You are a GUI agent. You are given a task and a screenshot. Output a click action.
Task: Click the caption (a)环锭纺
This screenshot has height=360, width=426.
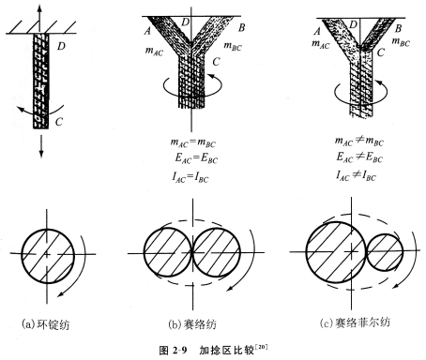click(46, 324)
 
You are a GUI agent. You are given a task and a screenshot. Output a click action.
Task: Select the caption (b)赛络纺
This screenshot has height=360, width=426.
click(192, 324)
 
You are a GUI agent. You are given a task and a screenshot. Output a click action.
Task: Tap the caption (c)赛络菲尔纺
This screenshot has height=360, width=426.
click(355, 322)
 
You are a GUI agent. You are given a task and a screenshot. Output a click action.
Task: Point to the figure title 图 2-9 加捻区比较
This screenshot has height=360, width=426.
click(214, 350)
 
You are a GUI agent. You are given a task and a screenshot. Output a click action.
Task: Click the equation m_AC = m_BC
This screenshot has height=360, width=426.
click(193, 142)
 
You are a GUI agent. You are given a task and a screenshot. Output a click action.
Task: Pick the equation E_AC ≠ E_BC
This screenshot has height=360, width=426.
click(359, 157)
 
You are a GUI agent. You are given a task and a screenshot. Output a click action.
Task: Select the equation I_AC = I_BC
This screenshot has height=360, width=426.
click(190, 177)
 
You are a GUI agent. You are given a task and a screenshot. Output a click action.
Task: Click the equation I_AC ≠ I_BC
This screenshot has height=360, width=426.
click(357, 175)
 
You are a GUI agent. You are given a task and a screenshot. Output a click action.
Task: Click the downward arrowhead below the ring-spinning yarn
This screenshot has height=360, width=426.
click(41, 154)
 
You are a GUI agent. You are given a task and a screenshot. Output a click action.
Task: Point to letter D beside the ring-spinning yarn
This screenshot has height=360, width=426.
click(61, 46)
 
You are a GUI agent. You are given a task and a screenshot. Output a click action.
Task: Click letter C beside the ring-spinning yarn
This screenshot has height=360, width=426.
click(59, 121)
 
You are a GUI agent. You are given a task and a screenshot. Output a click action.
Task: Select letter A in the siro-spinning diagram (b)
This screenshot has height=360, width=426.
click(147, 31)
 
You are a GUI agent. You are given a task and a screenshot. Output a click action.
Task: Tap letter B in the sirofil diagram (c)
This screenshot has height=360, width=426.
click(398, 29)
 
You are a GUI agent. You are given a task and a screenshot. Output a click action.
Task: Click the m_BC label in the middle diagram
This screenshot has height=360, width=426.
click(233, 46)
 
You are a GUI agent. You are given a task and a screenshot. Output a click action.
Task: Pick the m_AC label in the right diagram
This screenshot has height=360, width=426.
click(321, 44)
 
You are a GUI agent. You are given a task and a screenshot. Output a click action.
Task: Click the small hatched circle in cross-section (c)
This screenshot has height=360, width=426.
click(385, 252)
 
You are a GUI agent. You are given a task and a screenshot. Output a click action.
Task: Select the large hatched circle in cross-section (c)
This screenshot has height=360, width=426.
click(336, 252)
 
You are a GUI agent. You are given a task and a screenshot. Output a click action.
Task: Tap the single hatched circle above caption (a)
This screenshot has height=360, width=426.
click(48, 256)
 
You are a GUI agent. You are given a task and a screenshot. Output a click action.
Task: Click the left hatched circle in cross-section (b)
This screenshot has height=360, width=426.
click(168, 252)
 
